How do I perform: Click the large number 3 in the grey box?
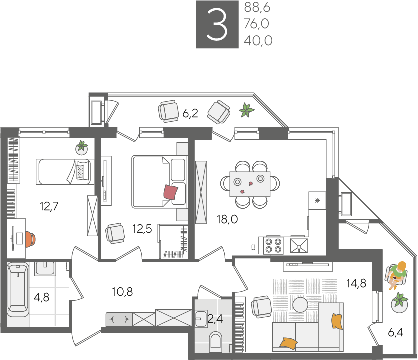217,24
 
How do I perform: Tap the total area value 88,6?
257,7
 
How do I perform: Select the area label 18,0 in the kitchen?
227,219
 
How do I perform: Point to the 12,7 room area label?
49,206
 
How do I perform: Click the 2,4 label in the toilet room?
215,318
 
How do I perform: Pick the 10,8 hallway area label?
122,292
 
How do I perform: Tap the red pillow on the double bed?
171,191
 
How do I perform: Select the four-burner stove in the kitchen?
273,245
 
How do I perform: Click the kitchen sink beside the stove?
299,245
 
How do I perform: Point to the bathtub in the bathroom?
18,289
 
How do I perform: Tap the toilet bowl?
215,341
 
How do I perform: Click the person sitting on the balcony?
396,275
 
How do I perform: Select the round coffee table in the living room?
300,305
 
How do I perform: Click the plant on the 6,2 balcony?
246,110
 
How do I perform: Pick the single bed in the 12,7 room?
65,172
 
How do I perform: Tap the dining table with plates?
250,184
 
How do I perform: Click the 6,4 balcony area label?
395,332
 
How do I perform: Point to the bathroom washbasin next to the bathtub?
45,269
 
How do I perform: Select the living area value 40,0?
258,40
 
